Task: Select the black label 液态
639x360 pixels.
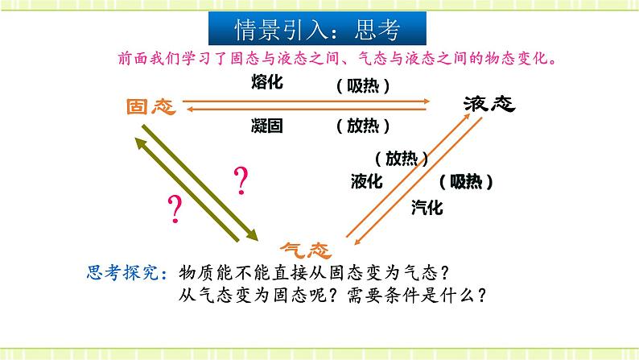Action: point(489,104)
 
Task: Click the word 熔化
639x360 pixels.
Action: point(267,82)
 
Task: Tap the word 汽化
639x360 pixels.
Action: point(427,208)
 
